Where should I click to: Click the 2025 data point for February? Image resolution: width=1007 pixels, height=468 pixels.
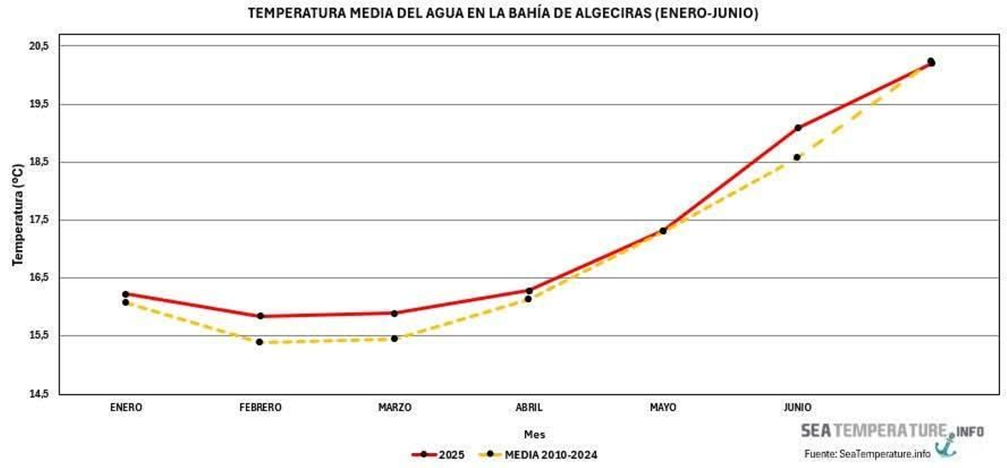point(260,316)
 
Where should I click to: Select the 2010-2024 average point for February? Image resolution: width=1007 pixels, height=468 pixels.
point(259,342)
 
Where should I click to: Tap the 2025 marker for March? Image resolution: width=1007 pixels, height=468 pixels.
point(394,313)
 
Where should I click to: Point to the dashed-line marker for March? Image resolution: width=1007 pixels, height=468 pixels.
point(394,338)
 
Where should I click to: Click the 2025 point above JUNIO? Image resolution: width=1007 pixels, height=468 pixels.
point(797,128)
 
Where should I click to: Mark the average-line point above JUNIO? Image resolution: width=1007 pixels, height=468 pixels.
point(797,157)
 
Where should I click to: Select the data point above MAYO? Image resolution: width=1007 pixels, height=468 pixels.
point(663,231)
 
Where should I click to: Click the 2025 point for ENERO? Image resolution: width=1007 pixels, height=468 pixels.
point(125,294)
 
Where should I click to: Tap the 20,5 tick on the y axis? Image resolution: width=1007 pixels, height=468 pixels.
point(39,46)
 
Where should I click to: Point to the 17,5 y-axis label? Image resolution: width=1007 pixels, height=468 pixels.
point(39,220)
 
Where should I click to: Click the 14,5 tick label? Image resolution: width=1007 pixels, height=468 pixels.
point(39,394)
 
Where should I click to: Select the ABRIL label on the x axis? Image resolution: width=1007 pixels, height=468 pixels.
point(529,408)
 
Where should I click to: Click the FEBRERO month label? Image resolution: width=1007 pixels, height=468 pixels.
point(260,408)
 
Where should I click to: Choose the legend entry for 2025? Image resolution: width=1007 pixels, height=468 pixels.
point(439,455)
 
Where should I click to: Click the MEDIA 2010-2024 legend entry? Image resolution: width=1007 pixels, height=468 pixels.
point(539,455)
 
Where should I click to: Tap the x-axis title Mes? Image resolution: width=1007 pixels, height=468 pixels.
point(534,435)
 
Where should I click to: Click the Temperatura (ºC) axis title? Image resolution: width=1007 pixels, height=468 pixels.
point(18,214)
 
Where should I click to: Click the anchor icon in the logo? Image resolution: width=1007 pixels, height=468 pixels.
point(945,445)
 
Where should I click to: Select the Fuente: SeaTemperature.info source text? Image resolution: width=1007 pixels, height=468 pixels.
point(867,454)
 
